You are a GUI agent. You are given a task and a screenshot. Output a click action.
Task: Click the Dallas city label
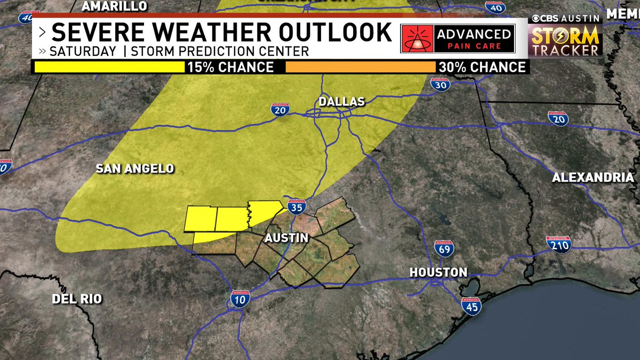341,101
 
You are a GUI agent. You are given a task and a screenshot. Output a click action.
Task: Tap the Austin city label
286,238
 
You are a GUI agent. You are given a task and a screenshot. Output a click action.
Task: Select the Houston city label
438,273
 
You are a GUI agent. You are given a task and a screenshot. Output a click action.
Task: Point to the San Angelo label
135,169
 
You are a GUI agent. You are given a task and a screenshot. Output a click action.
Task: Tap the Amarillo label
115,6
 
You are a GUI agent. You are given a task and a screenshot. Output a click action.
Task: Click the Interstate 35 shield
297,205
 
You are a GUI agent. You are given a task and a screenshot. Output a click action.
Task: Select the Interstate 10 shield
241,299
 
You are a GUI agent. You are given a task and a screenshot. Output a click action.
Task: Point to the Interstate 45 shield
471,305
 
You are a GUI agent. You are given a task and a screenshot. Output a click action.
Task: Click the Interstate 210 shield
558,244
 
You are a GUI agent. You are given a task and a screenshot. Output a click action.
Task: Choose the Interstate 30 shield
439,83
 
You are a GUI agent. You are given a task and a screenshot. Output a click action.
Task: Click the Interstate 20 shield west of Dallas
279,109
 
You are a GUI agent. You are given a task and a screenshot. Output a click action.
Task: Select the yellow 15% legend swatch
109,67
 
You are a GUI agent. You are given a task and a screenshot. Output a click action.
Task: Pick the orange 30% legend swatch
361,67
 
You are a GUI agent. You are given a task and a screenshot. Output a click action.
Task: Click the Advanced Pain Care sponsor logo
457,39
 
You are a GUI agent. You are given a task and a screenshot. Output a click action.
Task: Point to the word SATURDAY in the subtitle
83,52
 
